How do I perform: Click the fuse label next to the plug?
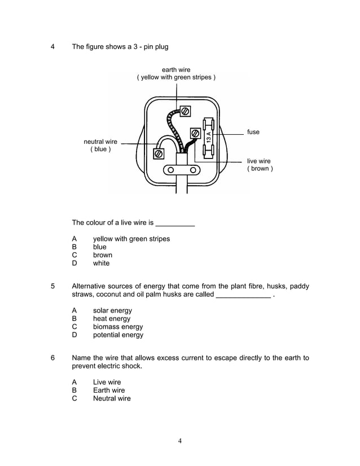coord(253,132)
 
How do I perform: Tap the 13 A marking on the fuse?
coord(208,137)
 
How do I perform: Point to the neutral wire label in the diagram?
coord(100,146)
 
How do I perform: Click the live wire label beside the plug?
coord(260,165)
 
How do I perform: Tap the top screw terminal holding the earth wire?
coord(185,111)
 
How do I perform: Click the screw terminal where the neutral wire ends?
coord(159,153)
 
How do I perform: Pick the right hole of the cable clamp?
coord(193,170)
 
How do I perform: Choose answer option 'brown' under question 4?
coord(103,255)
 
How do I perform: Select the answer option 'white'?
coord(102,263)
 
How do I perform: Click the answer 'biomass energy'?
coord(118,327)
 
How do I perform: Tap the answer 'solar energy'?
coord(112,310)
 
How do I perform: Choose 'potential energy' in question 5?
coord(118,335)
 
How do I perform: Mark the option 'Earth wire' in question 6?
coord(109,390)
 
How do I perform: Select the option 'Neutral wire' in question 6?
coord(112,398)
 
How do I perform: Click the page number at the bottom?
coord(179,441)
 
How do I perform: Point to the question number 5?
coord(52,287)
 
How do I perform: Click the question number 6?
coord(52,358)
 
